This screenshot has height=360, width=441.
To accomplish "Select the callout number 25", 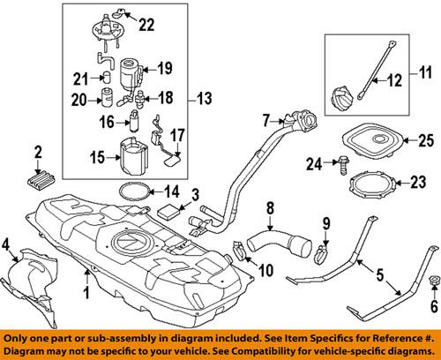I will pyautogui.click(x=427, y=139).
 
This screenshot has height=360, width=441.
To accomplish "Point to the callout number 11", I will pyautogui.click(x=428, y=68).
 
